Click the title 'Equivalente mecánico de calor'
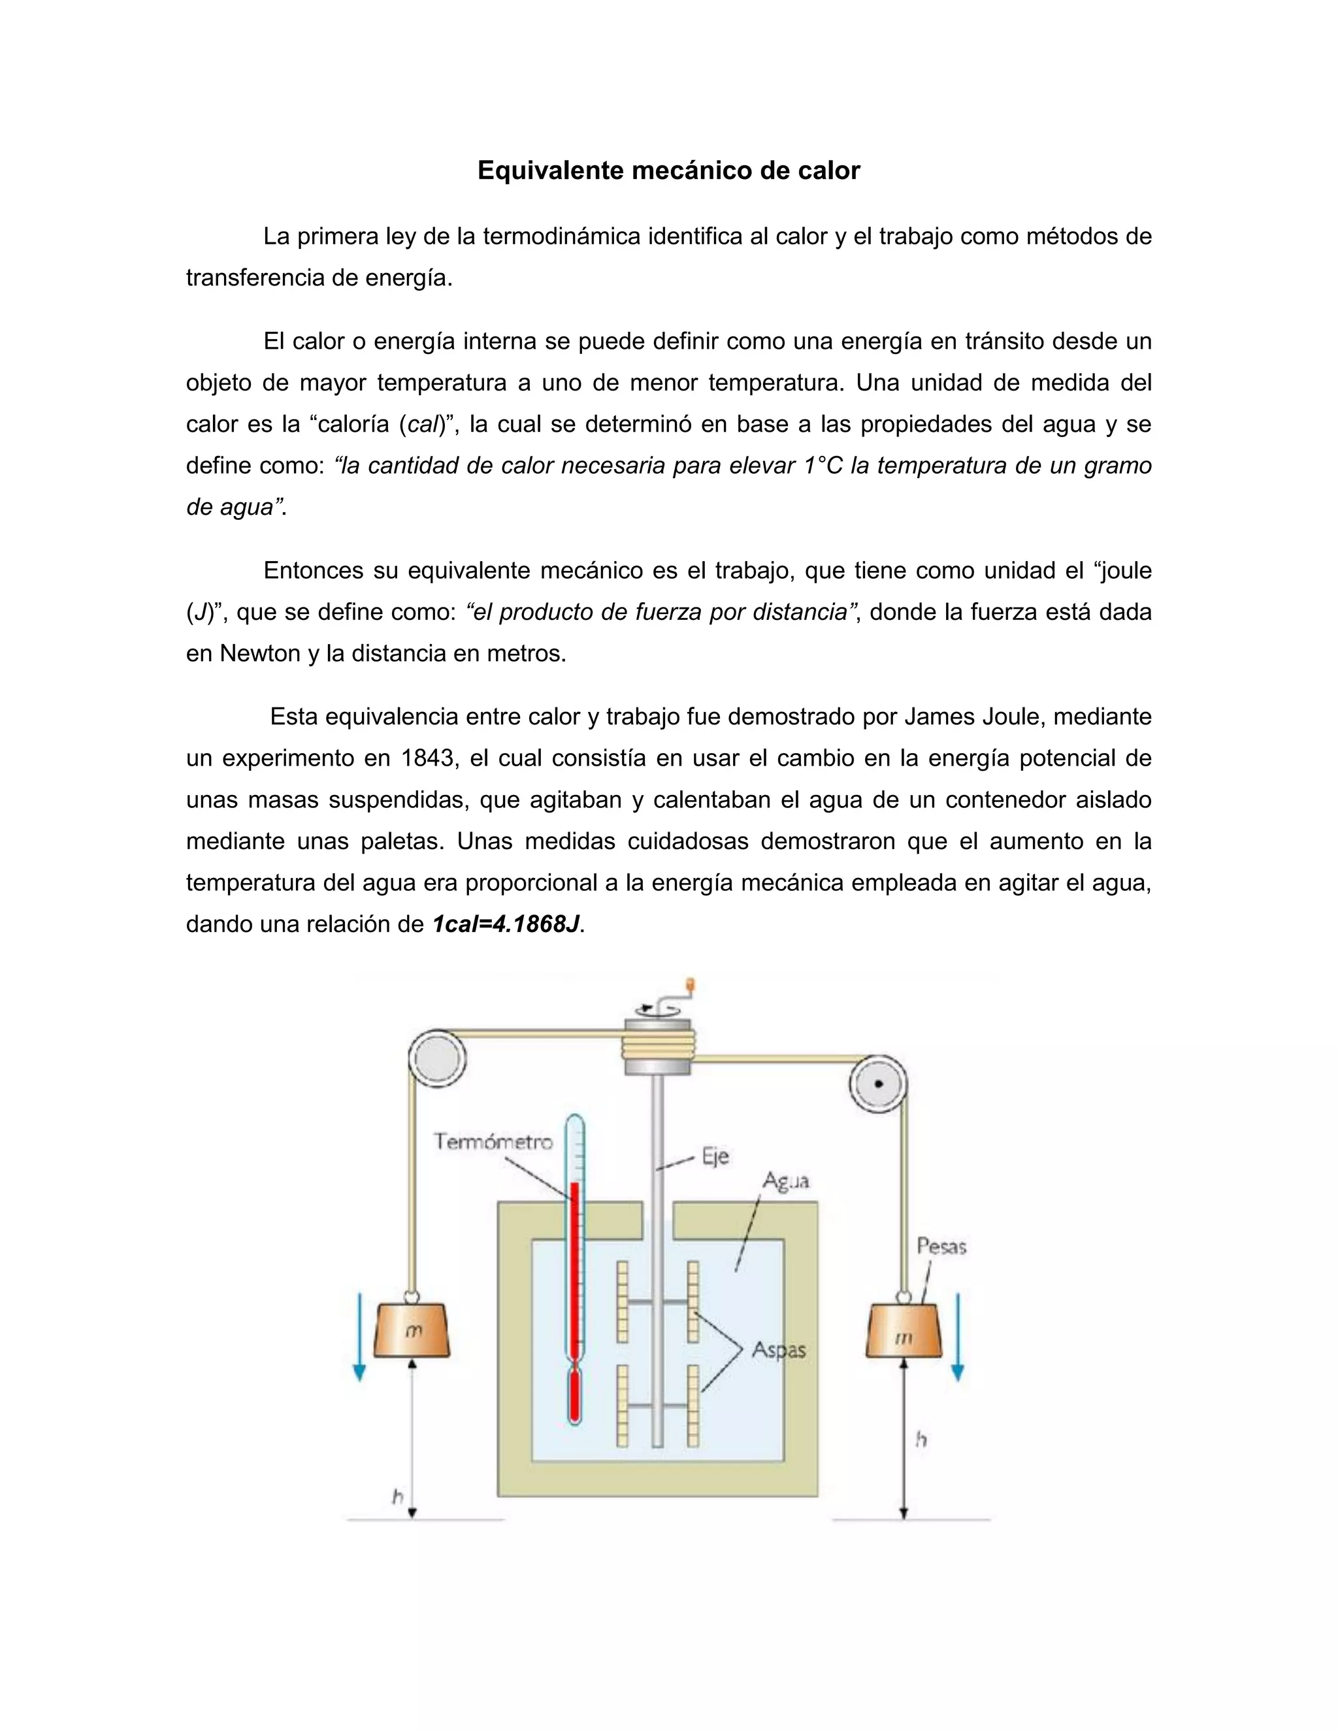668,170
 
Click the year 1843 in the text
430,758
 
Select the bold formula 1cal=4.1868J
506,924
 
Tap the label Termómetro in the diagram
493,1142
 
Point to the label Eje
715,1157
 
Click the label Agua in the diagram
785,1181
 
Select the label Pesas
941,1247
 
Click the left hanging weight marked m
412,1331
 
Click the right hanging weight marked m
904,1337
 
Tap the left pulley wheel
437,1058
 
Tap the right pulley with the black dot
878,1084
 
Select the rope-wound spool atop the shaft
658,1044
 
